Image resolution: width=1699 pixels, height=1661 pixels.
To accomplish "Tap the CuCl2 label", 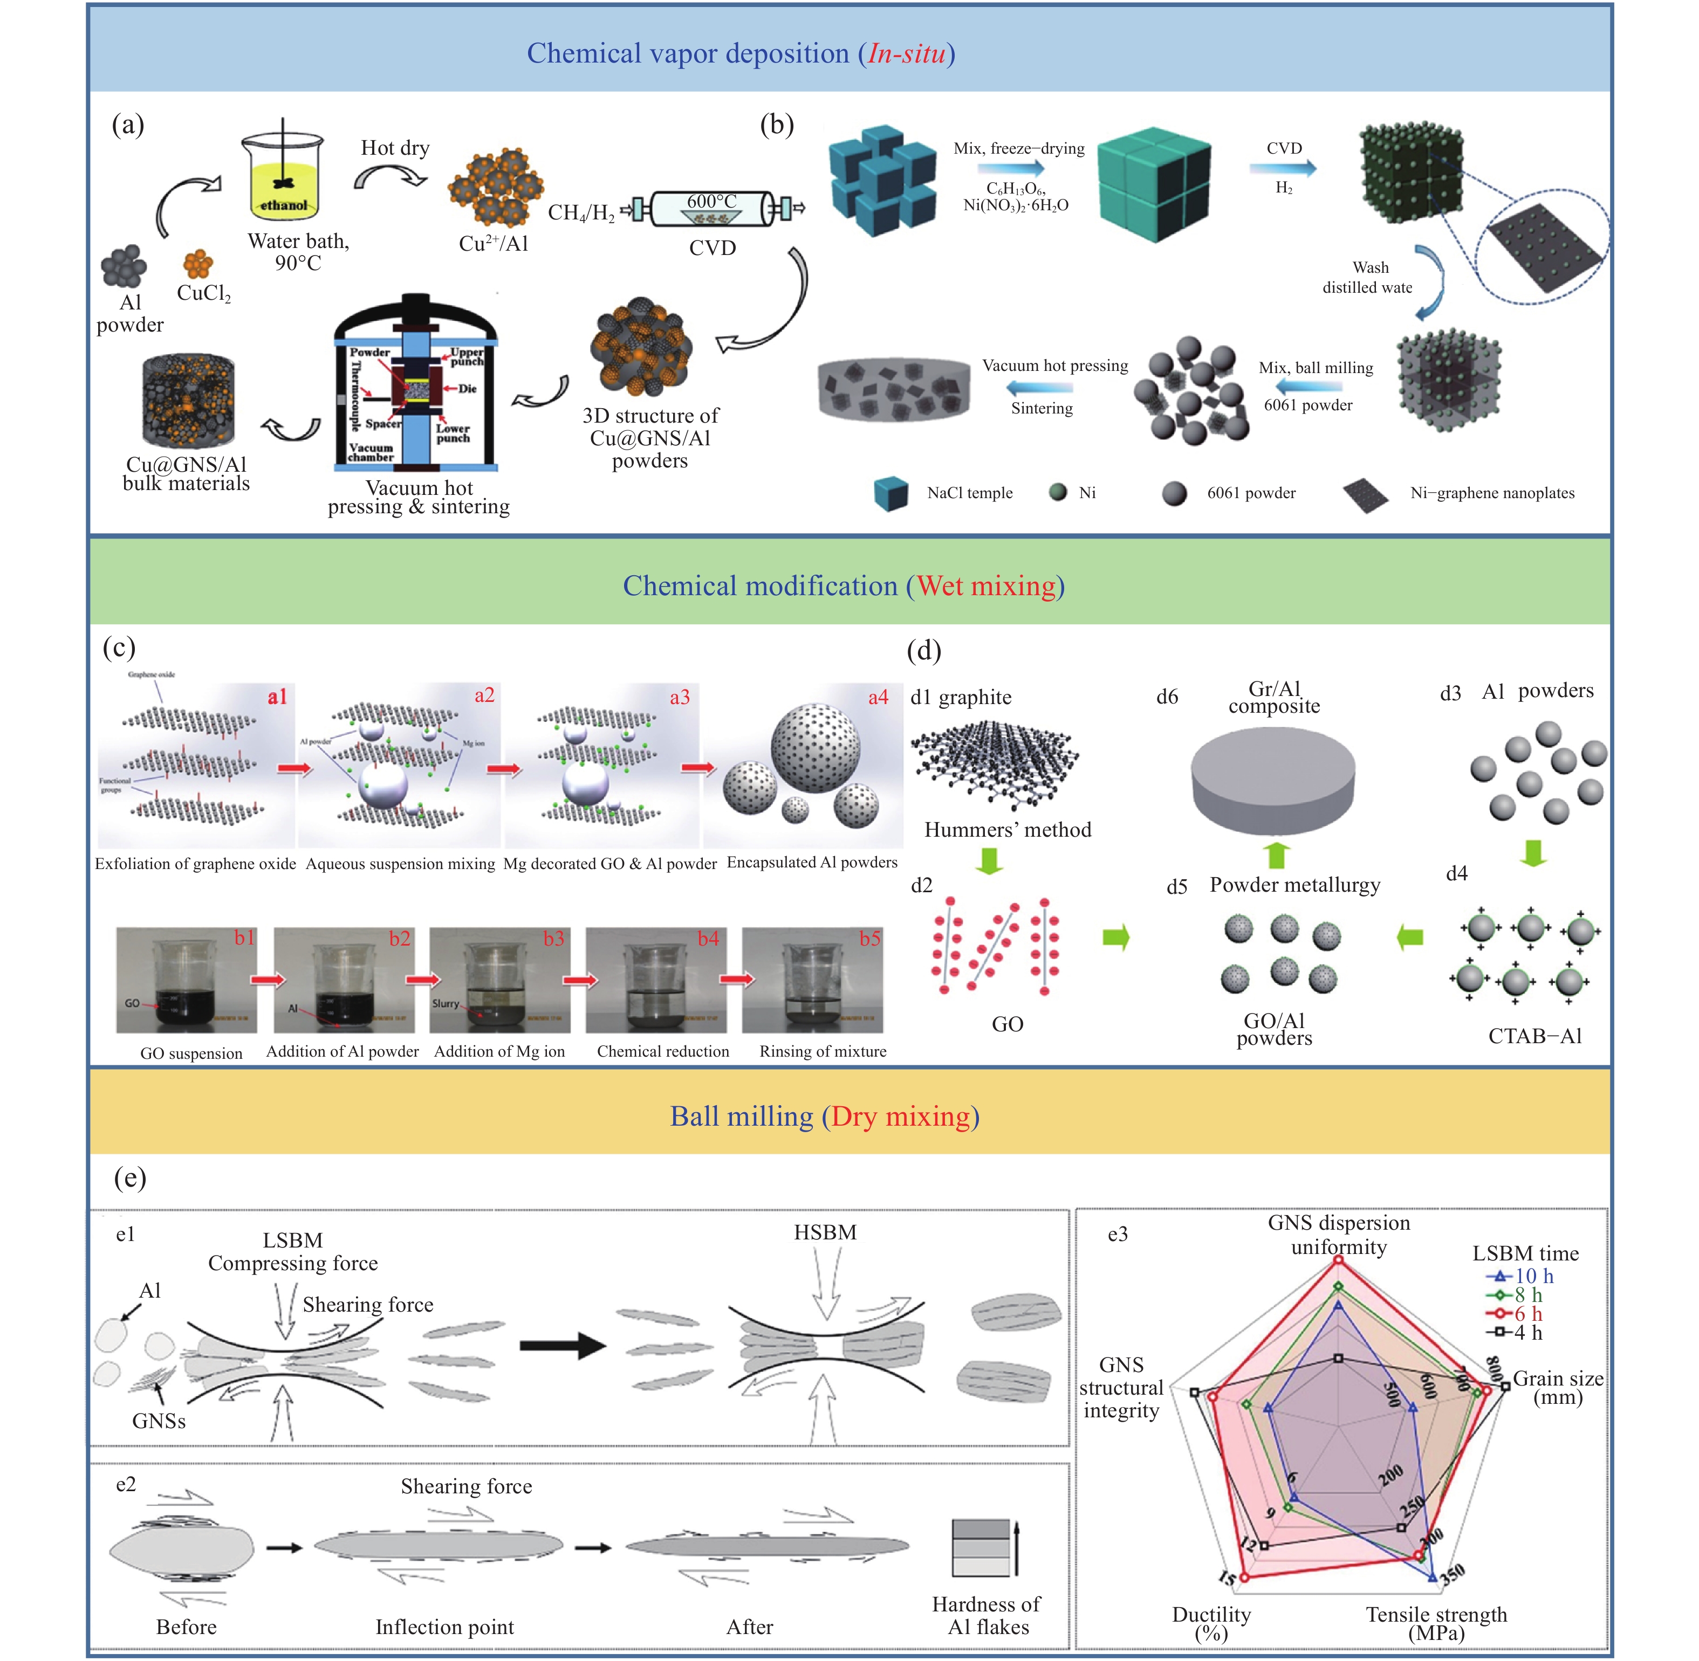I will [203, 293].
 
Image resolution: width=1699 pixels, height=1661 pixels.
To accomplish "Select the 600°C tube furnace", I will [712, 209].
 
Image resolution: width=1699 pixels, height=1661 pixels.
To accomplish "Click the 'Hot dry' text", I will [395, 148].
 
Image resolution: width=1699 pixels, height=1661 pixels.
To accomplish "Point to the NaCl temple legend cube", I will [891, 493].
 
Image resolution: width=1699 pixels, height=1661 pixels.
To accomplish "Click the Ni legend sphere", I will [1058, 493].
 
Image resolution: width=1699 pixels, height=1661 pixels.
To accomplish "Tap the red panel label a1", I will [277, 696].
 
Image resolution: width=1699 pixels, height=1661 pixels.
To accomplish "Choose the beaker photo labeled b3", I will [500, 980].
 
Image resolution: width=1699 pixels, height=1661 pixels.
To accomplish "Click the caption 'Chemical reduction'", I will [663, 1051].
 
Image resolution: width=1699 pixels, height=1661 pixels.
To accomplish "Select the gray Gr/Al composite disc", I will [1273, 776].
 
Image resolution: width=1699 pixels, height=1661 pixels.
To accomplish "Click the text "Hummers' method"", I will [1008, 830].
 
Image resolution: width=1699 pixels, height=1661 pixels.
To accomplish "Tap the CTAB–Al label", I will [1535, 1036].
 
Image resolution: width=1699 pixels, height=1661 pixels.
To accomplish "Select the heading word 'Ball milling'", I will [742, 1116].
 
